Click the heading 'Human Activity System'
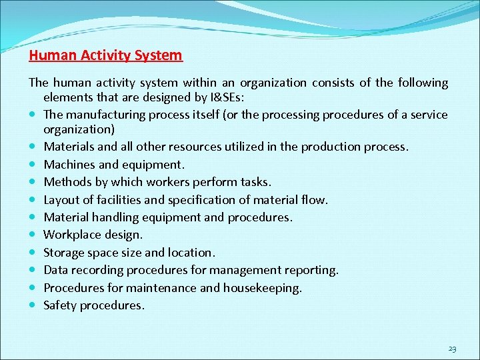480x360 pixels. click(105, 55)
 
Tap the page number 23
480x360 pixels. click(453, 349)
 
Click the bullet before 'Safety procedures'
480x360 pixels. click(33, 306)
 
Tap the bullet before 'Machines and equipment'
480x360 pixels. click(33, 165)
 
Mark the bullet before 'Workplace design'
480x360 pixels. click(33, 235)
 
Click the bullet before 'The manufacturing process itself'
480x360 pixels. click(33, 115)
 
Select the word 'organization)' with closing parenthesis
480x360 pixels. click(79, 129)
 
